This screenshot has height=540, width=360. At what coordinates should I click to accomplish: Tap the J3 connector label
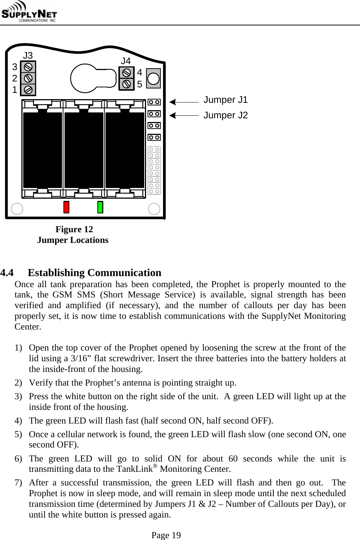(x=28, y=56)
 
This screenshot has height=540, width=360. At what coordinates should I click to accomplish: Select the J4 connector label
(x=126, y=61)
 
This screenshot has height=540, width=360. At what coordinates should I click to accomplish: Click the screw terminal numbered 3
(x=28, y=67)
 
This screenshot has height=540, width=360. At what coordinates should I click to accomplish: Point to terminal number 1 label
(x=14, y=90)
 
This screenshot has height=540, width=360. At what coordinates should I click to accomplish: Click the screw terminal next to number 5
(x=127, y=84)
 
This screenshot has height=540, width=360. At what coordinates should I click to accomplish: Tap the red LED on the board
(x=66, y=207)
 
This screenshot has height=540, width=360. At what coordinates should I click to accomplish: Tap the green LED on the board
(x=100, y=207)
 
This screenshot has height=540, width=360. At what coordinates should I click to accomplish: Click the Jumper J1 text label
(x=226, y=100)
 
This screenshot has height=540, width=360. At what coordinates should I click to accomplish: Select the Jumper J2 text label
(x=226, y=115)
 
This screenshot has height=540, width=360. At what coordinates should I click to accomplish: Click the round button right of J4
(x=153, y=78)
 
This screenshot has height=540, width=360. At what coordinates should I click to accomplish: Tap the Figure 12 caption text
(x=74, y=229)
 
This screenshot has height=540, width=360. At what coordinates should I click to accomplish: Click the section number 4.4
(x=8, y=273)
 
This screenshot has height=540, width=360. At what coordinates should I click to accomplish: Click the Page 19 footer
(x=166, y=535)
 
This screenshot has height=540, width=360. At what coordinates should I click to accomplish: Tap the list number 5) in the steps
(x=20, y=434)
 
